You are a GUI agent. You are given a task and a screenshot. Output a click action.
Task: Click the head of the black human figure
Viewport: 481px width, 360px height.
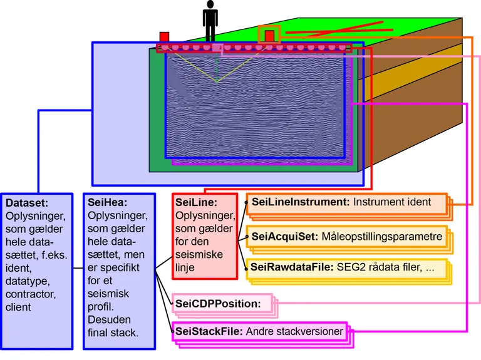click(210, 5)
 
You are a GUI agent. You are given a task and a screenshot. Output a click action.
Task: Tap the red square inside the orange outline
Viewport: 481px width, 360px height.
click(271, 36)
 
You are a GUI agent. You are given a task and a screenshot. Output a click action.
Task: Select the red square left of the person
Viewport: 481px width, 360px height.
click(164, 37)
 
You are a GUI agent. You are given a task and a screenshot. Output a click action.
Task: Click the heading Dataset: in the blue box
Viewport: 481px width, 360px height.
click(27, 203)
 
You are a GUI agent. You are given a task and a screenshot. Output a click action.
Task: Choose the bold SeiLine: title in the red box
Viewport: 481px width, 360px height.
click(197, 203)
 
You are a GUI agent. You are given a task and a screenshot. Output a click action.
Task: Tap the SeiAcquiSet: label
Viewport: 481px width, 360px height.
click(285, 237)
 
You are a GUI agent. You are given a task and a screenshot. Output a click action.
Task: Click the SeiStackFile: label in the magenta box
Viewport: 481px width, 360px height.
click(209, 331)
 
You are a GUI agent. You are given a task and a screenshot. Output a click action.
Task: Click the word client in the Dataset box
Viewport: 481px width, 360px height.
click(19, 307)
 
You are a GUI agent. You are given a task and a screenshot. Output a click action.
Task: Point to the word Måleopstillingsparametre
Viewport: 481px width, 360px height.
click(382, 237)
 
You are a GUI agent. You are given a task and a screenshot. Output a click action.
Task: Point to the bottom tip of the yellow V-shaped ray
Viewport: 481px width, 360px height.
click(216, 82)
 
